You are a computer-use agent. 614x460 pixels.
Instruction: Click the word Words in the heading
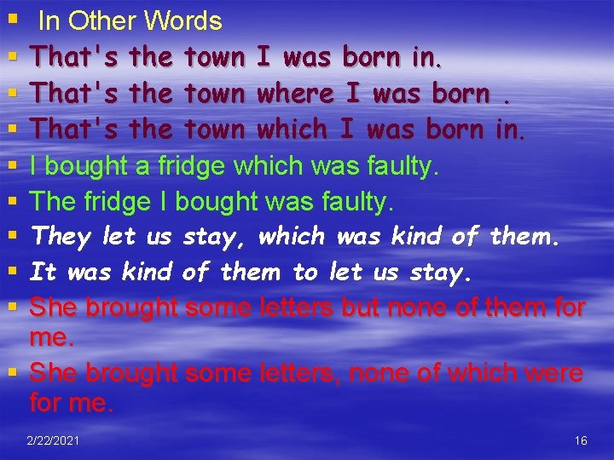coord(183,21)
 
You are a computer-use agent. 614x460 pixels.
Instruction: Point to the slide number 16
coord(581,440)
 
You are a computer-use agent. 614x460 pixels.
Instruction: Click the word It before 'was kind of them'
coord(43,272)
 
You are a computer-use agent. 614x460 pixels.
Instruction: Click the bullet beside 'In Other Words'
coord(11,19)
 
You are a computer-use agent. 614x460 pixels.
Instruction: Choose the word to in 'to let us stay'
coord(304,272)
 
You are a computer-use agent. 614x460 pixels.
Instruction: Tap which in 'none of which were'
coord(480,372)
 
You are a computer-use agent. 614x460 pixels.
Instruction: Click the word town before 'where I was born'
coord(214,93)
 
